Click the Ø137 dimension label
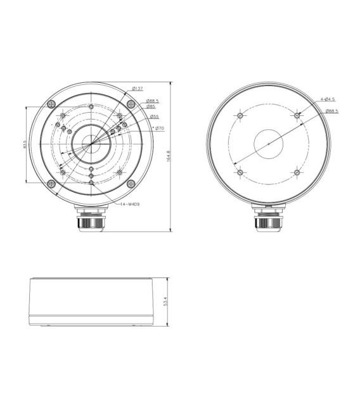tap(137, 88)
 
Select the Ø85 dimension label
tap(151, 106)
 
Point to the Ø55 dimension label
tap(154, 117)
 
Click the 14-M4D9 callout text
tap(131, 204)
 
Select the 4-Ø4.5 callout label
tap(328, 99)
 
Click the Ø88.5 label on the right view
tap(331, 111)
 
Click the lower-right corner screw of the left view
tap(131, 184)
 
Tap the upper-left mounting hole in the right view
tap(240, 116)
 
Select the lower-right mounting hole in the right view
tap(296, 172)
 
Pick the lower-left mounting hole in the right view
tap(240, 172)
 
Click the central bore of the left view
tap(90, 144)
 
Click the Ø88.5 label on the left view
tap(152, 100)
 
